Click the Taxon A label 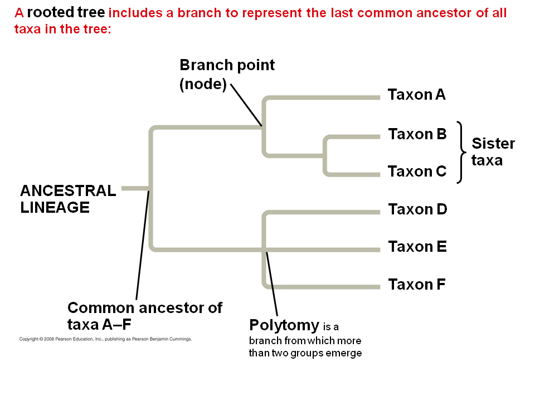pos(417,95)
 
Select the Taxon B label pos(417,134)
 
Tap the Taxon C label pos(417,172)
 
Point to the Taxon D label pos(417,209)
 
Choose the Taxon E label pos(417,247)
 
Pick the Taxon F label pos(417,285)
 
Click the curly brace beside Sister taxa pos(460,152)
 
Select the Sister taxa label pos(493,152)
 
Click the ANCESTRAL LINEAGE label pos(68,199)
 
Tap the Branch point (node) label pos(227,75)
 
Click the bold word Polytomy pos(284,325)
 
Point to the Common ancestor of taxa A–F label pos(145,315)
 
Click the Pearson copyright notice pos(105,339)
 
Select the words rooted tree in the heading pos(66,13)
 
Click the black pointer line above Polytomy pos(272,284)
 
